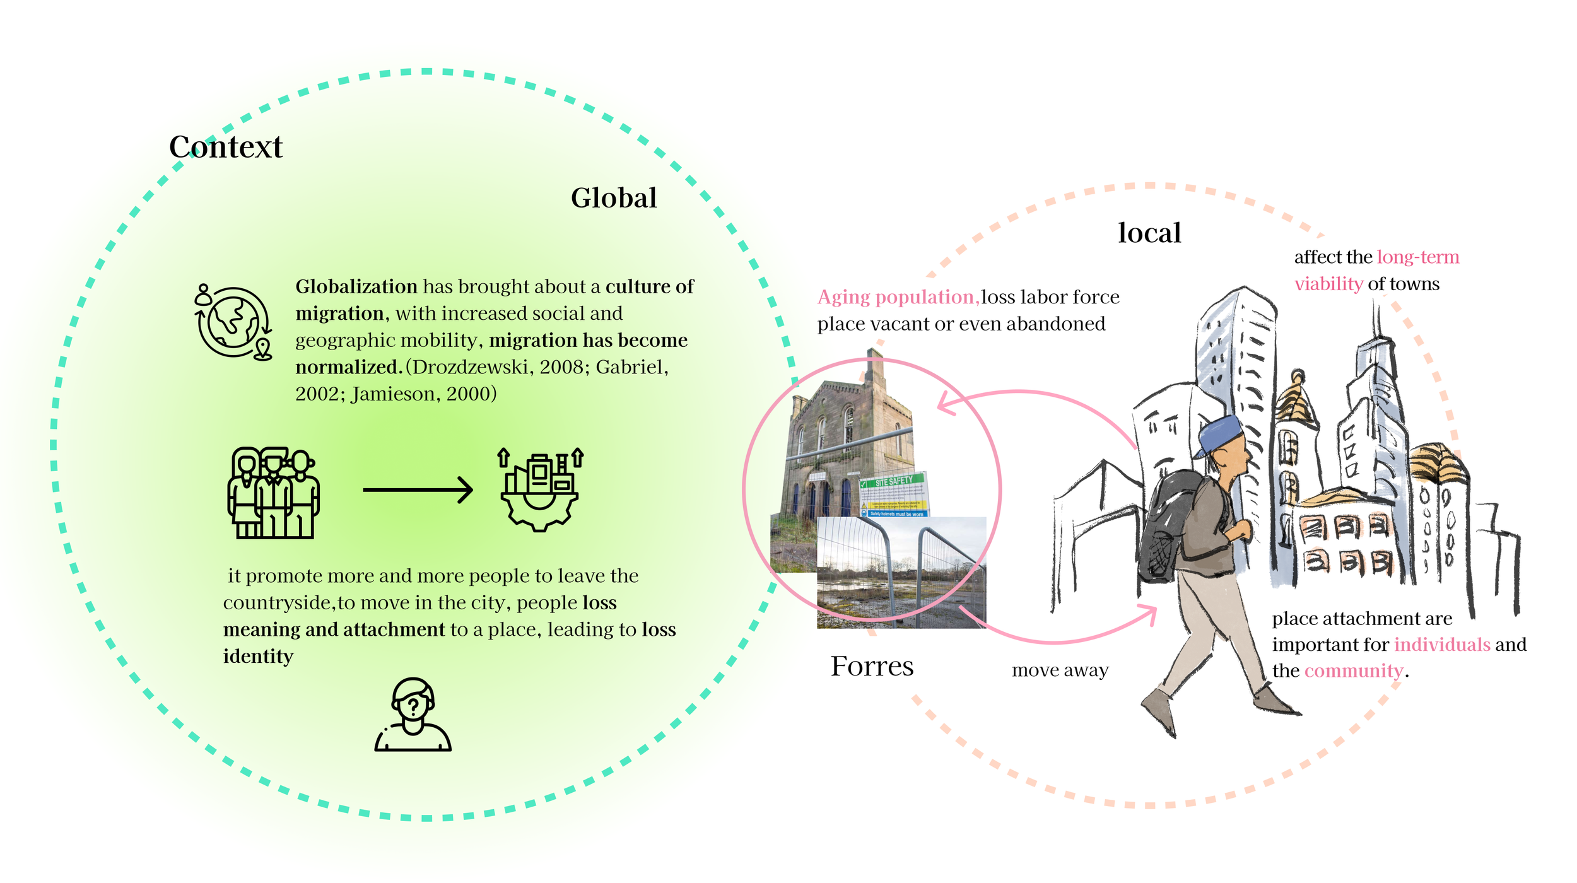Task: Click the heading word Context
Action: point(226,147)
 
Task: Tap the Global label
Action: point(614,198)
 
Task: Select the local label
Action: point(1149,233)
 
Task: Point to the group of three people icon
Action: point(273,493)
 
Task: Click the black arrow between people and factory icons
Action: point(418,489)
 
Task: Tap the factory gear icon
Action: point(540,489)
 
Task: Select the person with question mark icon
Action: point(413,715)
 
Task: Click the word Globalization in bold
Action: point(356,287)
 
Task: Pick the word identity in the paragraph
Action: point(258,657)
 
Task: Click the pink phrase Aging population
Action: point(898,297)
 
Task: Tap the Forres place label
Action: point(872,667)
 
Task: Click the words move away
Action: point(1060,670)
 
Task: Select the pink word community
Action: point(1354,671)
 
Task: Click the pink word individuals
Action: point(1442,645)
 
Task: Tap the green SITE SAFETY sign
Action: point(893,482)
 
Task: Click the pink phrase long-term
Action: point(1418,257)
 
